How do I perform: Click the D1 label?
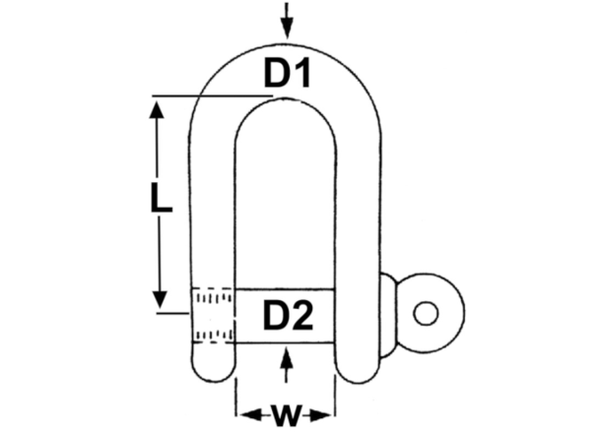point(287,73)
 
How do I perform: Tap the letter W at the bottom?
point(285,414)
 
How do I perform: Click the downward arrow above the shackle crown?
point(287,20)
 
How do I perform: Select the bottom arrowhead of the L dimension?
point(160,299)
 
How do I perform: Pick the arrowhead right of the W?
point(319,415)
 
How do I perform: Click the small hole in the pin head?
point(426,313)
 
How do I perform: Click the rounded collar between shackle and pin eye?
point(389,315)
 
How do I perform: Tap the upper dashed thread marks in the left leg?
point(213,297)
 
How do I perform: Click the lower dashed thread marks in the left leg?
point(213,336)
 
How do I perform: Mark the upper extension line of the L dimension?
point(213,95)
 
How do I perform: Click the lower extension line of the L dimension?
point(173,313)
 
